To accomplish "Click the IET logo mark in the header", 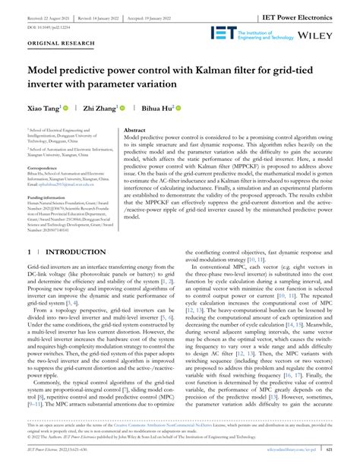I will (222, 32).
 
